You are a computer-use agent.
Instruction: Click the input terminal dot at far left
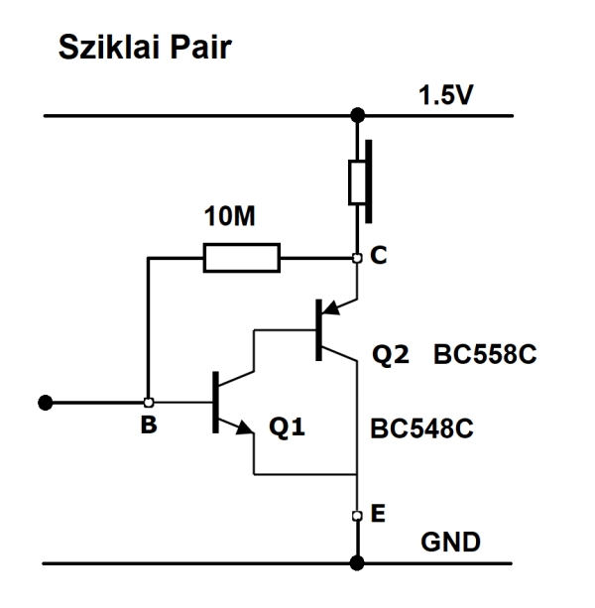44,403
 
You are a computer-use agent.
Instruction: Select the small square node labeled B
148,403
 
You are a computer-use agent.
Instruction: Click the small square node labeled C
356,259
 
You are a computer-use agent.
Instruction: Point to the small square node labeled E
356,516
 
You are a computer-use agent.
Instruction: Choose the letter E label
378,515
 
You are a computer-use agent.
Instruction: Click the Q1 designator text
288,431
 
